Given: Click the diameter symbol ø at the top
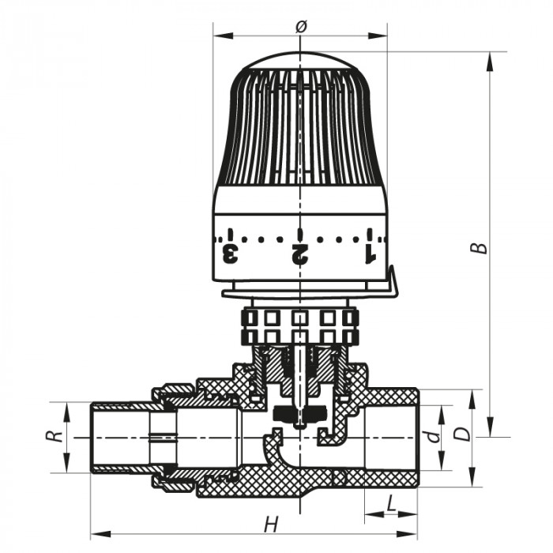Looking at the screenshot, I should (x=300, y=26).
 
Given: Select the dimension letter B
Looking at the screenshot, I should (x=480, y=246).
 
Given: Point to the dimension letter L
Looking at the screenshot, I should (x=392, y=503).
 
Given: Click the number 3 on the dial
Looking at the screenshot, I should (x=231, y=254).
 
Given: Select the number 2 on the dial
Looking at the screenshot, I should (x=299, y=254).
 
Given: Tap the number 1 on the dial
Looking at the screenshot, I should (x=368, y=254).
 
